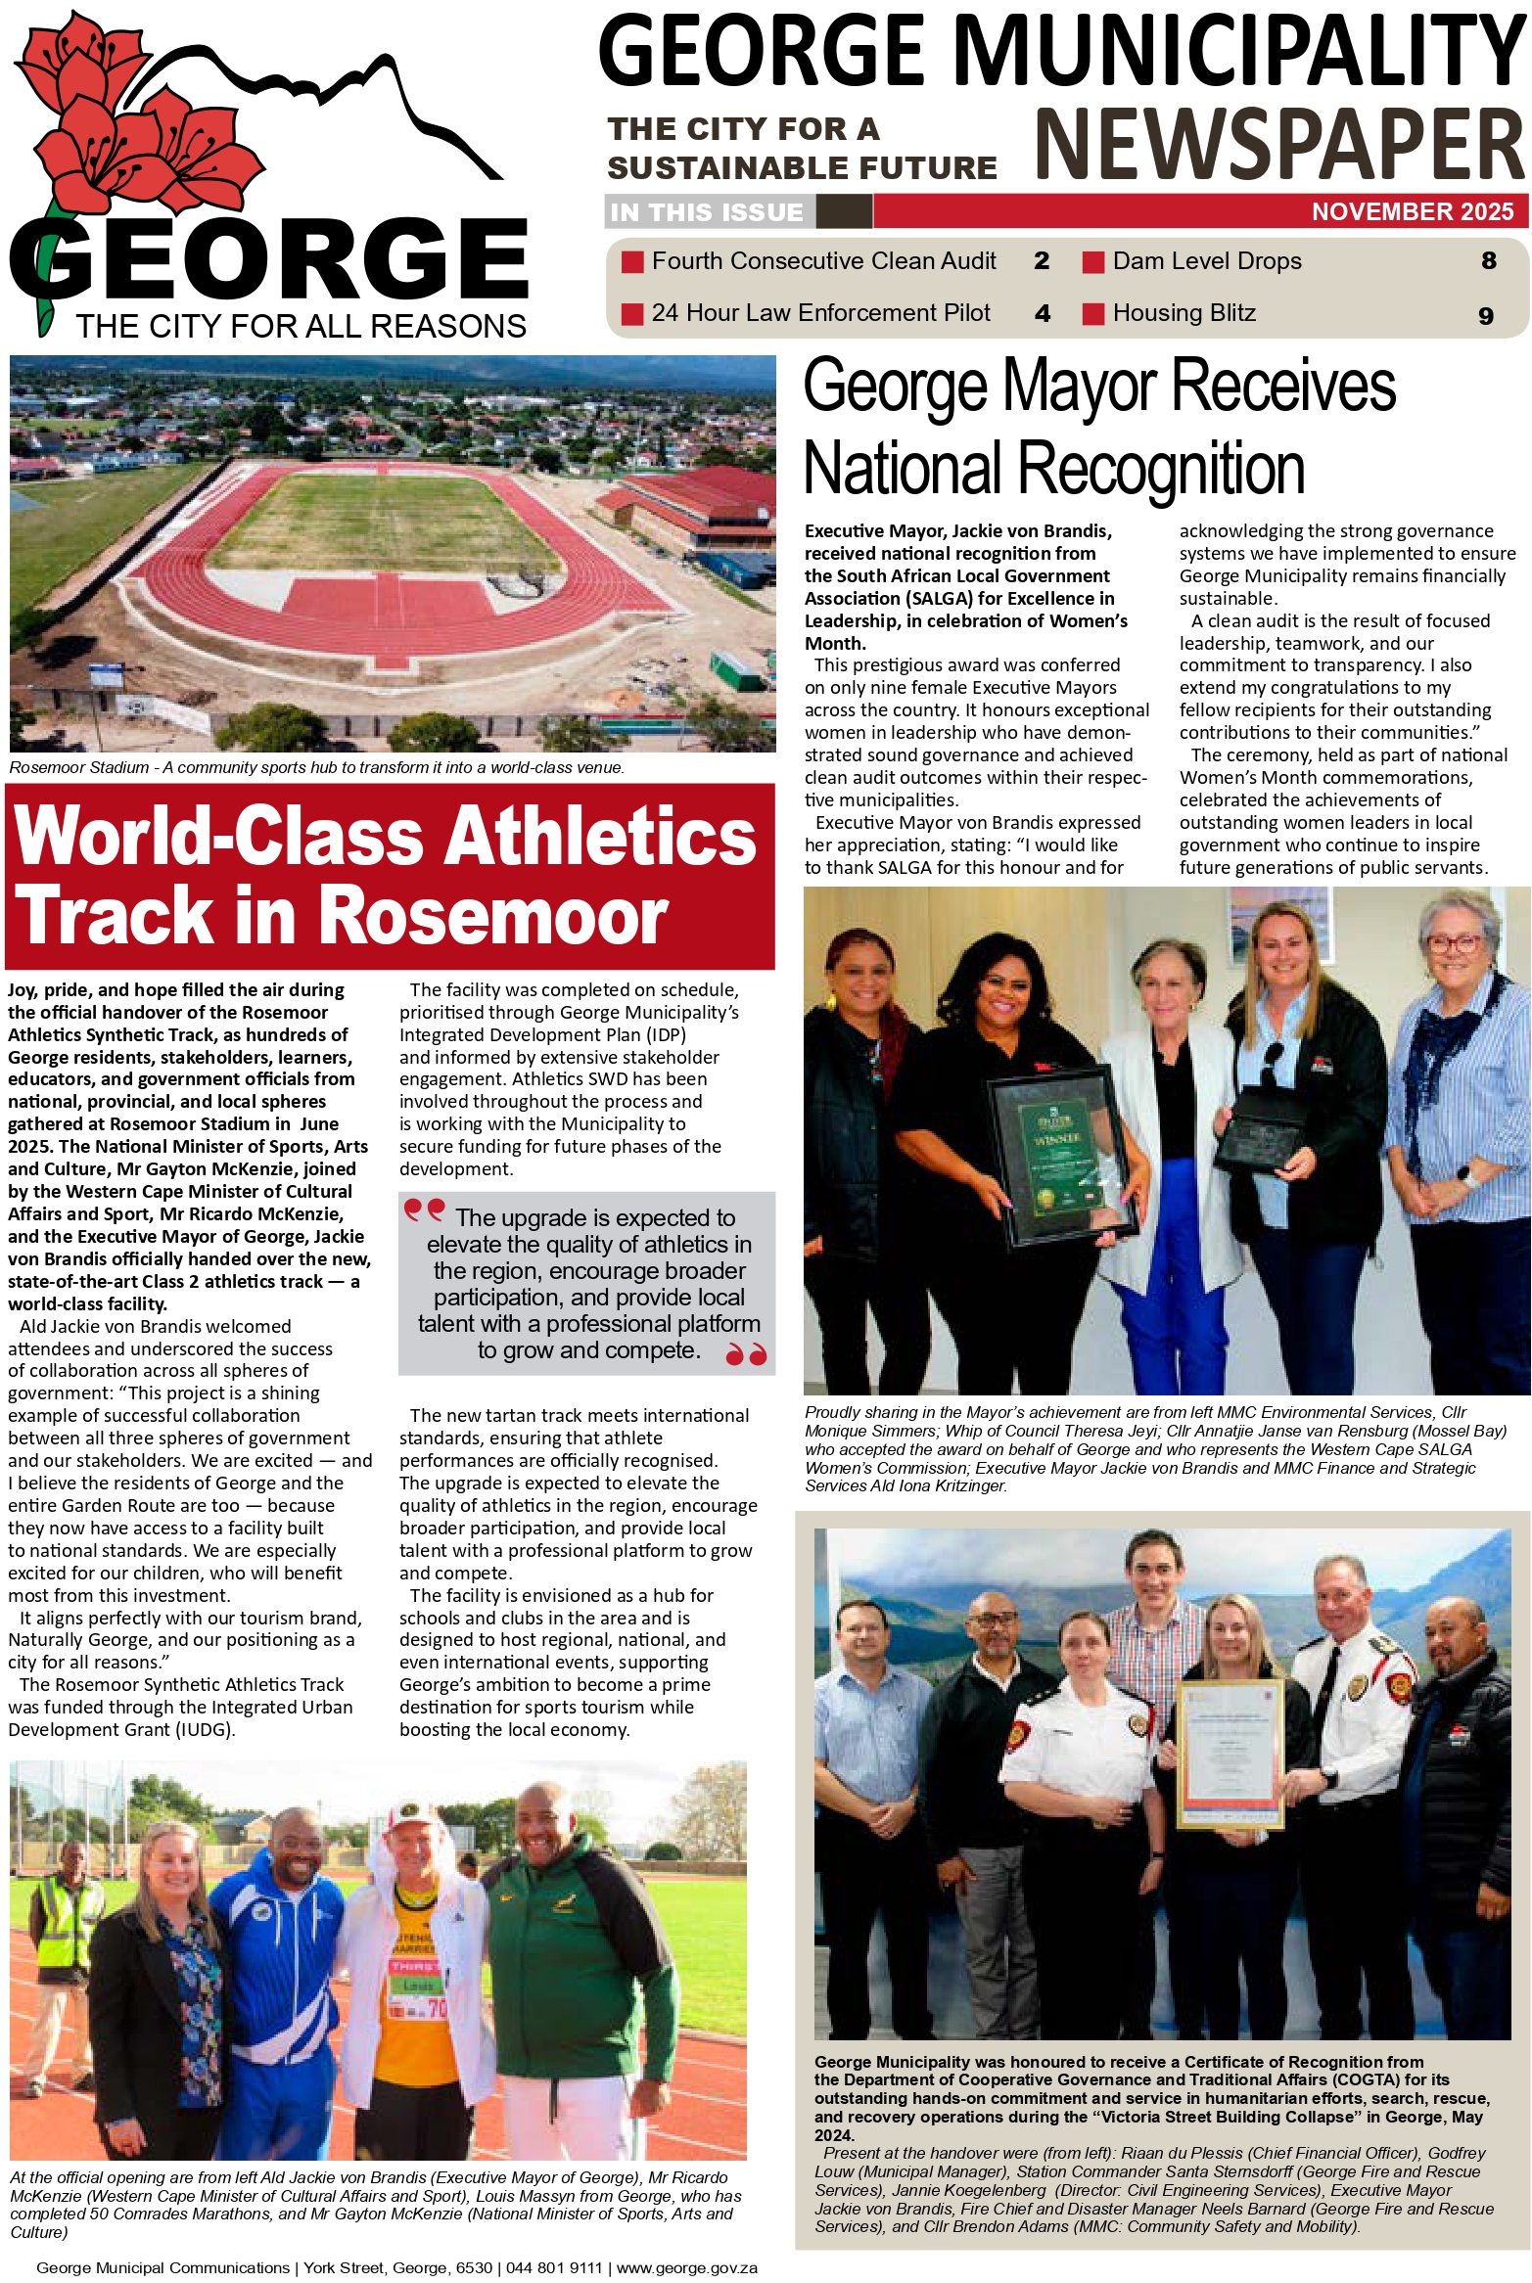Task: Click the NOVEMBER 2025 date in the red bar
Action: pos(1412,211)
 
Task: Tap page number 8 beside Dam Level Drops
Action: pos(1488,260)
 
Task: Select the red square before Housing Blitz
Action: pos(1092,313)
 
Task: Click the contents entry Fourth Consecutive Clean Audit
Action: pos(823,261)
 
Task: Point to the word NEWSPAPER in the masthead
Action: pos(1278,144)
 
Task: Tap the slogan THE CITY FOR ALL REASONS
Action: pos(301,326)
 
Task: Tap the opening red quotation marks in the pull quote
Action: pos(424,1211)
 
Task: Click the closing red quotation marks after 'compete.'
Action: pos(746,1354)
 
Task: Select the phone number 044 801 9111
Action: pos(553,2267)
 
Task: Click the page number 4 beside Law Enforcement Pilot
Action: pos(1042,313)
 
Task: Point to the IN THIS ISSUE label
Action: pos(706,211)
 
